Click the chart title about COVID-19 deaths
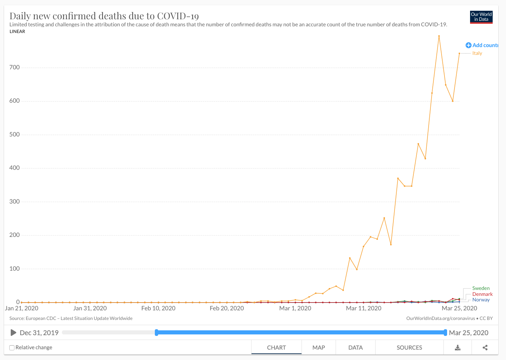[x=104, y=16]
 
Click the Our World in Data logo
[x=481, y=17]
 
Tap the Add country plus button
[x=469, y=45]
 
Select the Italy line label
[x=477, y=53]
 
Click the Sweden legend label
[x=481, y=288]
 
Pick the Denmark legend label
[x=482, y=294]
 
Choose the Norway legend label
[x=481, y=300]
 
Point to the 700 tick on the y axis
[x=15, y=67]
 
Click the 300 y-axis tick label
[x=15, y=202]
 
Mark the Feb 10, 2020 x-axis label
[x=158, y=308]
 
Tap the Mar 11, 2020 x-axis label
[x=363, y=308]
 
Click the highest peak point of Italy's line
[x=439, y=36]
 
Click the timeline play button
[x=13, y=333]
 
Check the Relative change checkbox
[x=12, y=348]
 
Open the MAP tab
[x=319, y=348]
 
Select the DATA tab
[x=355, y=348]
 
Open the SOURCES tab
[x=409, y=348]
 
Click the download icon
[x=457, y=348]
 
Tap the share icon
[x=485, y=348]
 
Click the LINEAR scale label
[x=17, y=32]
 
